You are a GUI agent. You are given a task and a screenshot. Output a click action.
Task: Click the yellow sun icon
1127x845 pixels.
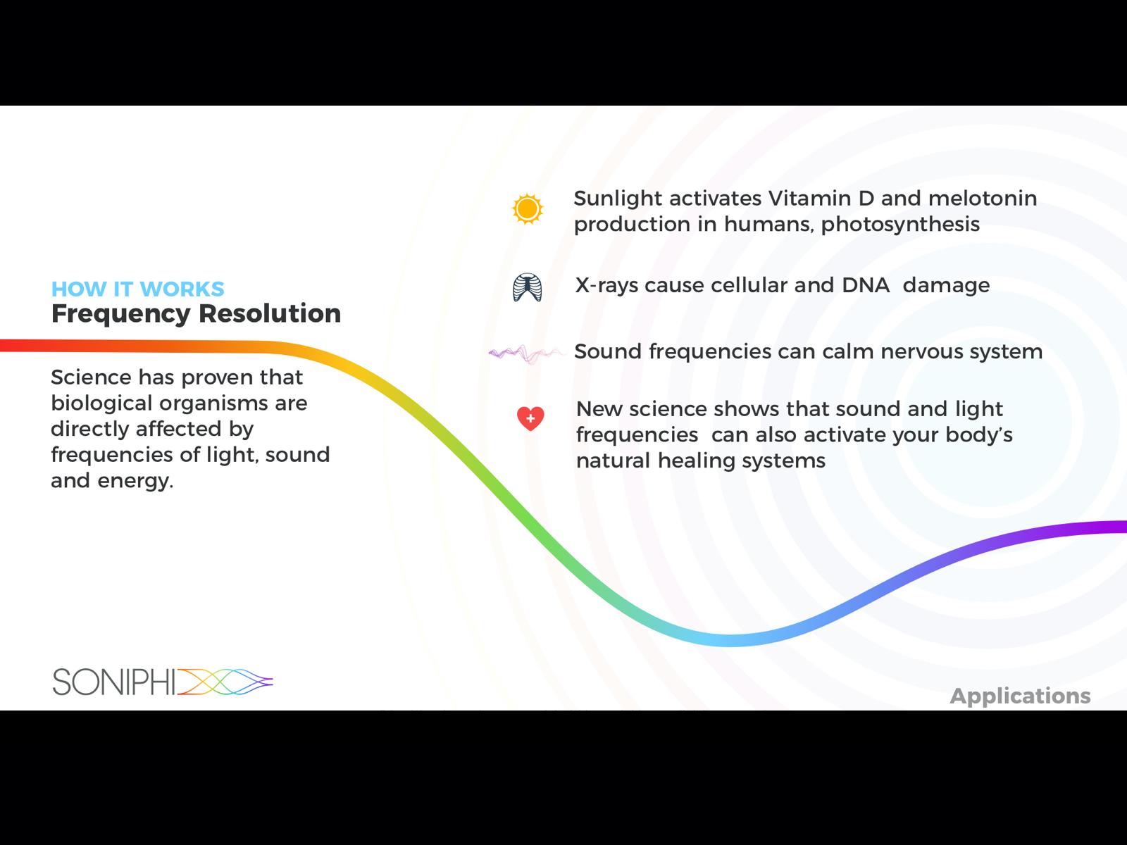[x=528, y=209]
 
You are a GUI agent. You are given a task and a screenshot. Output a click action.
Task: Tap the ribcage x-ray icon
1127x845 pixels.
[x=528, y=287]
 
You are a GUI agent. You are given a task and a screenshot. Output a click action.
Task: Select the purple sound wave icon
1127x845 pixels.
[x=525, y=353]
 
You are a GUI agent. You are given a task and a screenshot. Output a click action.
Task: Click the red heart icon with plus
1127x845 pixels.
[x=530, y=418]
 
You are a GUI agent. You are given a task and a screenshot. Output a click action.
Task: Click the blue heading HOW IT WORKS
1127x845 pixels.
[x=137, y=289]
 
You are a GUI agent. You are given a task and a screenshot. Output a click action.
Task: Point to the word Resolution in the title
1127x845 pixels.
[x=270, y=313]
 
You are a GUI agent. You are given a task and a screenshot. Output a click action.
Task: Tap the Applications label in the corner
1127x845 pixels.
[x=1020, y=696]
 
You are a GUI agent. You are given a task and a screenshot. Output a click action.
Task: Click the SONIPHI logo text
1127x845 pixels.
[x=114, y=682]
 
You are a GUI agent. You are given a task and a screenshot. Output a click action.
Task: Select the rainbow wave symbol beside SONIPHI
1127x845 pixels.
[x=225, y=682]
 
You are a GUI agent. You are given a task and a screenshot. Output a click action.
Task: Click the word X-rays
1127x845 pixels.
[x=606, y=286]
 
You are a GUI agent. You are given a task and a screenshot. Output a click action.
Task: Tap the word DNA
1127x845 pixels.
[x=866, y=285]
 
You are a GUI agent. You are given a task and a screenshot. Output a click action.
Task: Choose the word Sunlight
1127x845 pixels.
[x=618, y=199]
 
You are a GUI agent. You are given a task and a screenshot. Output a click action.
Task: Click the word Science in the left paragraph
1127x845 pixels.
[x=91, y=377]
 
